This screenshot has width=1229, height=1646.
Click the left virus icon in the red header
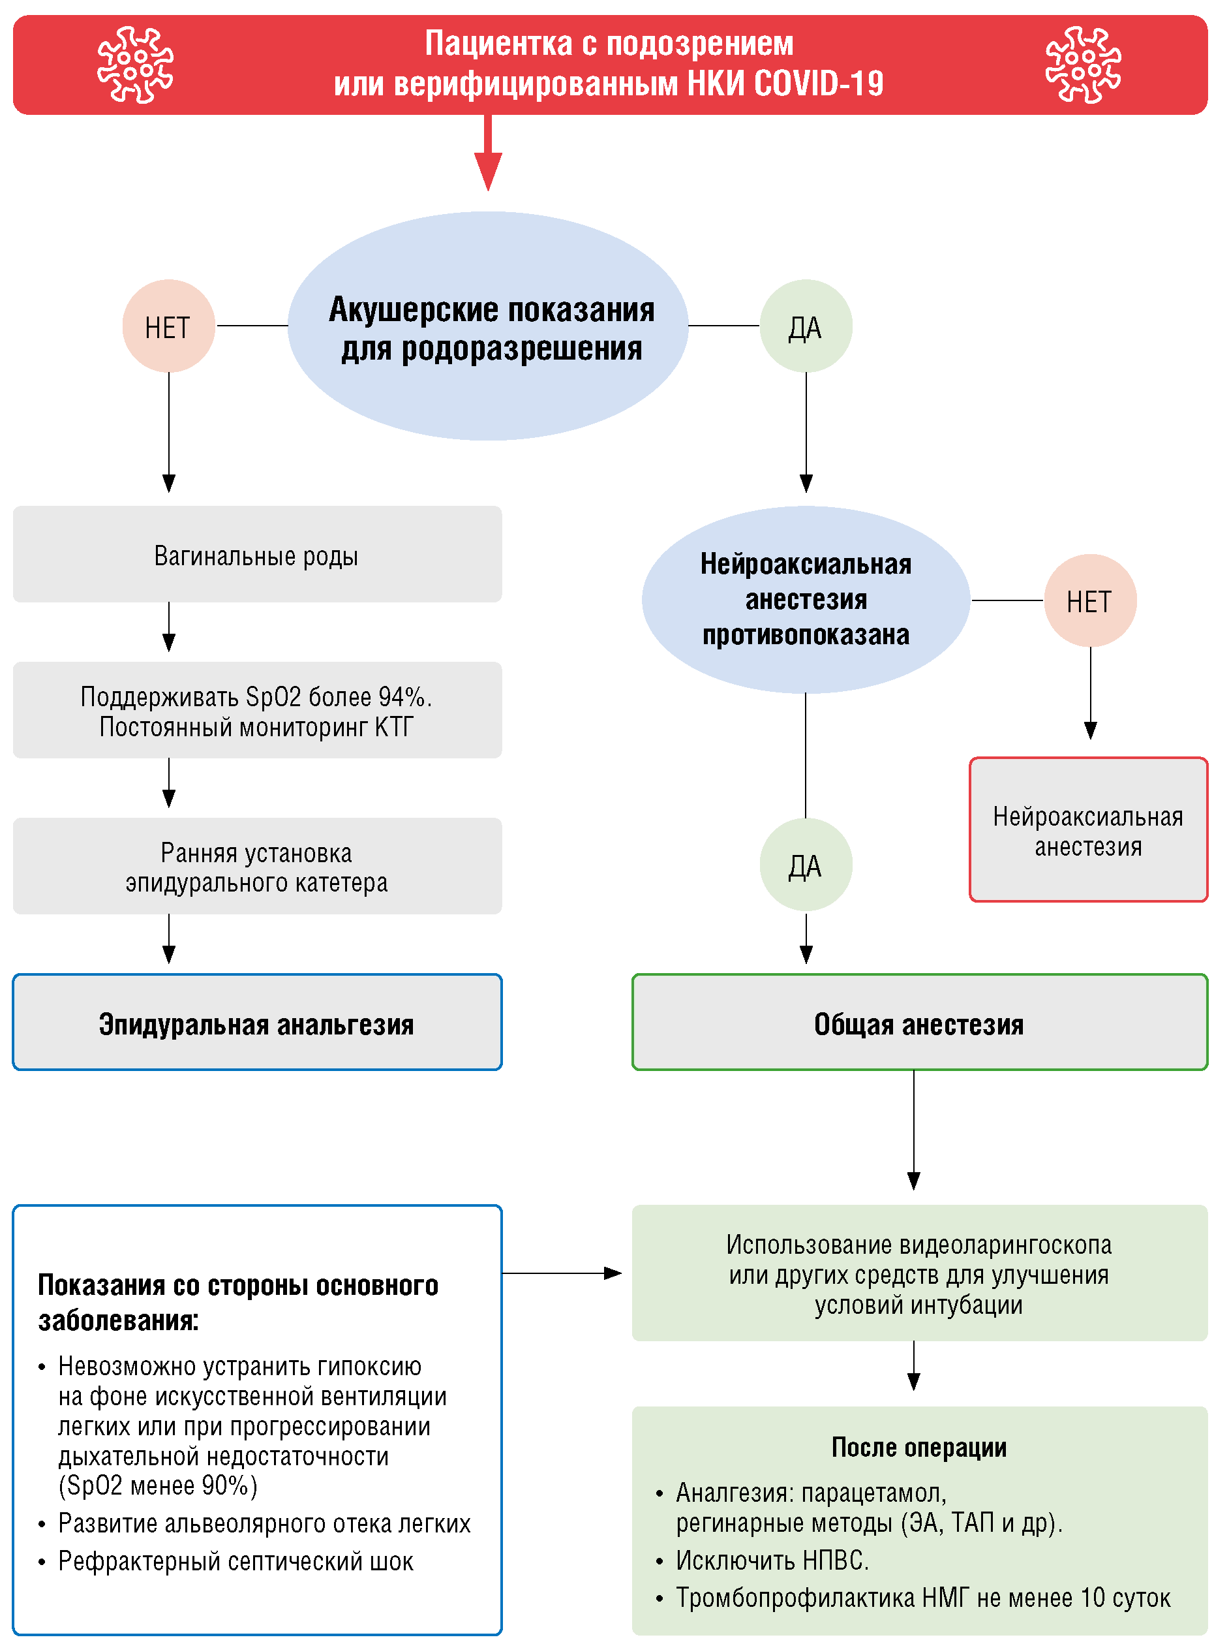(136, 65)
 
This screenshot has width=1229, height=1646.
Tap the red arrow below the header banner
(488, 153)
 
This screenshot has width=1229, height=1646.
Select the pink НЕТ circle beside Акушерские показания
(169, 326)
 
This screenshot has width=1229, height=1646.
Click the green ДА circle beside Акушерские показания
(806, 326)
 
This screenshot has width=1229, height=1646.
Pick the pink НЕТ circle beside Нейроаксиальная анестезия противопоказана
(1090, 600)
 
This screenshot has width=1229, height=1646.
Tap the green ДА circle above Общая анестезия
(806, 865)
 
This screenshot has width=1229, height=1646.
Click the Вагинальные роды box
(258, 554)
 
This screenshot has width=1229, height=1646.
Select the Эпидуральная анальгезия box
(258, 1023)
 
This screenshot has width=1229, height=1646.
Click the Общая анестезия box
(920, 1023)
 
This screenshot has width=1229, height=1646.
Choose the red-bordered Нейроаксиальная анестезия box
(1088, 830)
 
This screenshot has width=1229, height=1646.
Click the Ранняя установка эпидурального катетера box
(258, 866)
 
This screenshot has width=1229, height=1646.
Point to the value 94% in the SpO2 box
(402, 697)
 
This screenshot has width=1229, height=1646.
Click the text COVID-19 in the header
(818, 84)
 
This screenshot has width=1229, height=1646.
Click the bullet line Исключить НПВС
(772, 1561)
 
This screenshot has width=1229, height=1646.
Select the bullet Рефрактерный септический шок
(235, 1561)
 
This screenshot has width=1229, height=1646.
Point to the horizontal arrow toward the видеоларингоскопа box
(562, 1273)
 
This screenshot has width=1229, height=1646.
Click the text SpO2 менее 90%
(158, 1486)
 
